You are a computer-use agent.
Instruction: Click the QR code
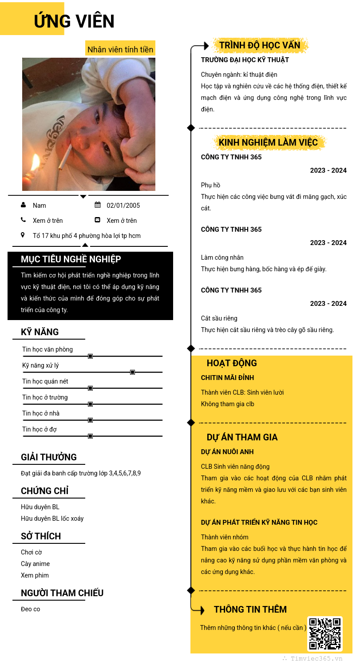tap(325, 633)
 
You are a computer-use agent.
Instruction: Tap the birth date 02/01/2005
tap(123, 206)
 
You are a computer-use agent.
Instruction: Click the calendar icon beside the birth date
tap(98, 205)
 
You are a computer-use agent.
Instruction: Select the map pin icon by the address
tap(23, 235)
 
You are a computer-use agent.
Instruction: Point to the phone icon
tap(23, 220)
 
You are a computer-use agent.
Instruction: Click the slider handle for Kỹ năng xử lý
tap(132, 372)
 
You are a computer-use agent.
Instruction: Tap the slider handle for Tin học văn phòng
tap(90, 356)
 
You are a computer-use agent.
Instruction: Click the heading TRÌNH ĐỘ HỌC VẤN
tap(260, 45)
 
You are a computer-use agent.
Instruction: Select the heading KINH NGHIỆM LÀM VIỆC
tap(268, 142)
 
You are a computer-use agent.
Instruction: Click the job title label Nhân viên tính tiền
tap(120, 50)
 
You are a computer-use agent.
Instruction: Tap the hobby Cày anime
tap(35, 564)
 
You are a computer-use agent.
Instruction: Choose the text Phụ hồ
tap(210, 185)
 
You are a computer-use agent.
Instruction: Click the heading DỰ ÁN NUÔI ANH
tap(227, 452)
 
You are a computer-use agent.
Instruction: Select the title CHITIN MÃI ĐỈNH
tap(227, 378)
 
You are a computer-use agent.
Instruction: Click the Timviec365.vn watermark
tap(316, 659)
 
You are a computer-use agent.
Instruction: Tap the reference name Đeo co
tap(30, 609)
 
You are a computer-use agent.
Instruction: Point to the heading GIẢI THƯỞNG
tap(49, 457)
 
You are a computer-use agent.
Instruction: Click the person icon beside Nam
tap(23, 205)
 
